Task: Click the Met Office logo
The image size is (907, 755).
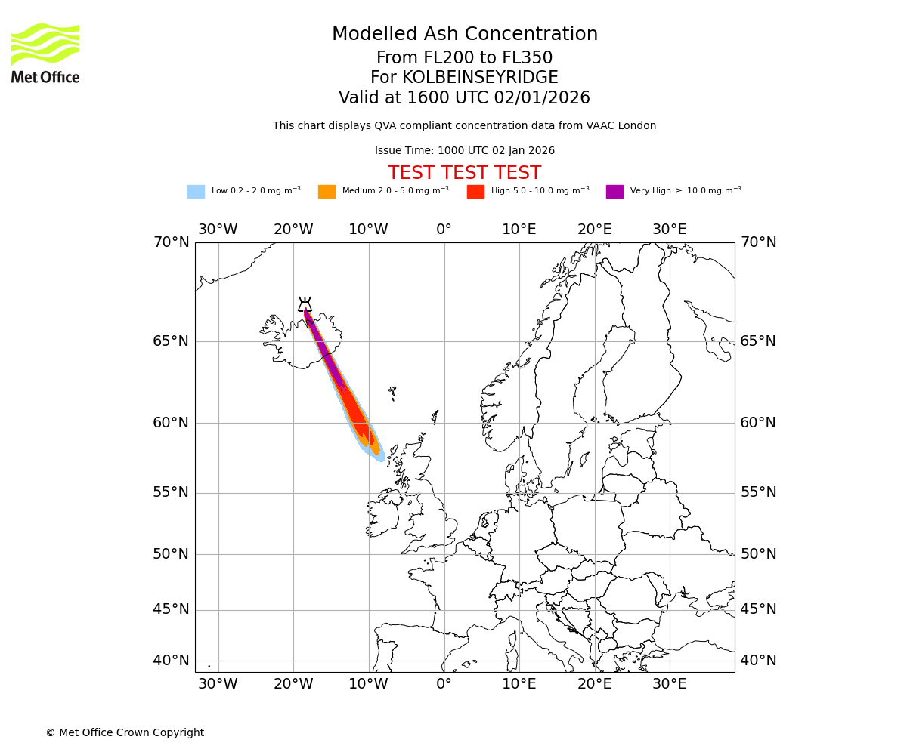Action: coord(45,53)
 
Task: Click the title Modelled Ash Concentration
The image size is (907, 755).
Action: coord(464,35)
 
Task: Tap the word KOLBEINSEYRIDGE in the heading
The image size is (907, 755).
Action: coord(480,78)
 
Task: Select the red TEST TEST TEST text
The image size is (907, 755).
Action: coord(464,174)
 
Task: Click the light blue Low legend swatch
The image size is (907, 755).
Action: coord(196,192)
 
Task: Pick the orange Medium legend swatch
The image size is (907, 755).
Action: coord(327,192)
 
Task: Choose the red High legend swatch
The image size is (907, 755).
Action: coord(475,192)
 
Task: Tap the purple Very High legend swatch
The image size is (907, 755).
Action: coord(614,192)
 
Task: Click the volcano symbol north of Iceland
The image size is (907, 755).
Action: coord(305,304)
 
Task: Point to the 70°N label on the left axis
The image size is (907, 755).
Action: coord(172,242)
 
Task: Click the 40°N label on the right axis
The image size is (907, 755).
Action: coord(757,661)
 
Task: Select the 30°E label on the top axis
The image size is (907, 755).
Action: coord(670,230)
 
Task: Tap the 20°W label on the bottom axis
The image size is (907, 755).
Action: coord(293,685)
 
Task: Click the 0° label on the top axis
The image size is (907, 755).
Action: coord(444,230)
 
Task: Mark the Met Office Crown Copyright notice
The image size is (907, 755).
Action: coord(125,733)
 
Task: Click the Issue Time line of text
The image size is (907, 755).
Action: coord(464,151)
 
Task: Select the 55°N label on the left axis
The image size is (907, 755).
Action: coord(172,492)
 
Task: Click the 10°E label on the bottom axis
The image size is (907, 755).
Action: coord(519,685)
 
